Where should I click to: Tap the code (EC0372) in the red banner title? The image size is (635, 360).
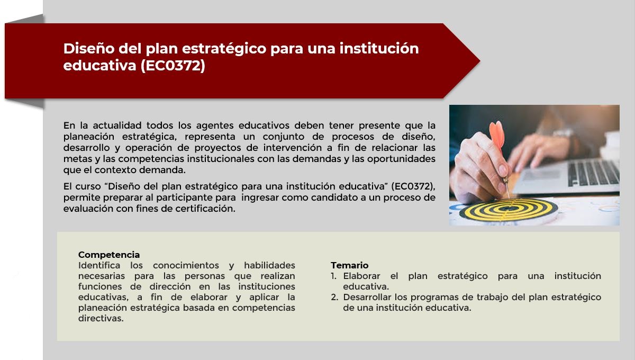click(173, 66)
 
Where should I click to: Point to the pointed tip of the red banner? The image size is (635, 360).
click(479, 61)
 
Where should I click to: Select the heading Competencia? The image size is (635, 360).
click(109, 255)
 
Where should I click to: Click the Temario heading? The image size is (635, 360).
click(350, 265)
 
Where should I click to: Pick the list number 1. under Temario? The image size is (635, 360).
click(334, 276)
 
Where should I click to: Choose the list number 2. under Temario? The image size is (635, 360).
click(334, 297)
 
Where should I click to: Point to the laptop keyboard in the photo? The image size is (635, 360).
click(593, 173)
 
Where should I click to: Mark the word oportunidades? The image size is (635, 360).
click(401, 159)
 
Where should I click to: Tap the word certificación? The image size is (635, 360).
click(205, 209)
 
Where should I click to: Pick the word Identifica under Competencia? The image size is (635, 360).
click(99, 265)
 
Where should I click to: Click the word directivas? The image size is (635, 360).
click(101, 318)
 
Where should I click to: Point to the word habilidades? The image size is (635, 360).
click(269, 265)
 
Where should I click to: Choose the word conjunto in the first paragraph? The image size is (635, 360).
click(284, 137)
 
